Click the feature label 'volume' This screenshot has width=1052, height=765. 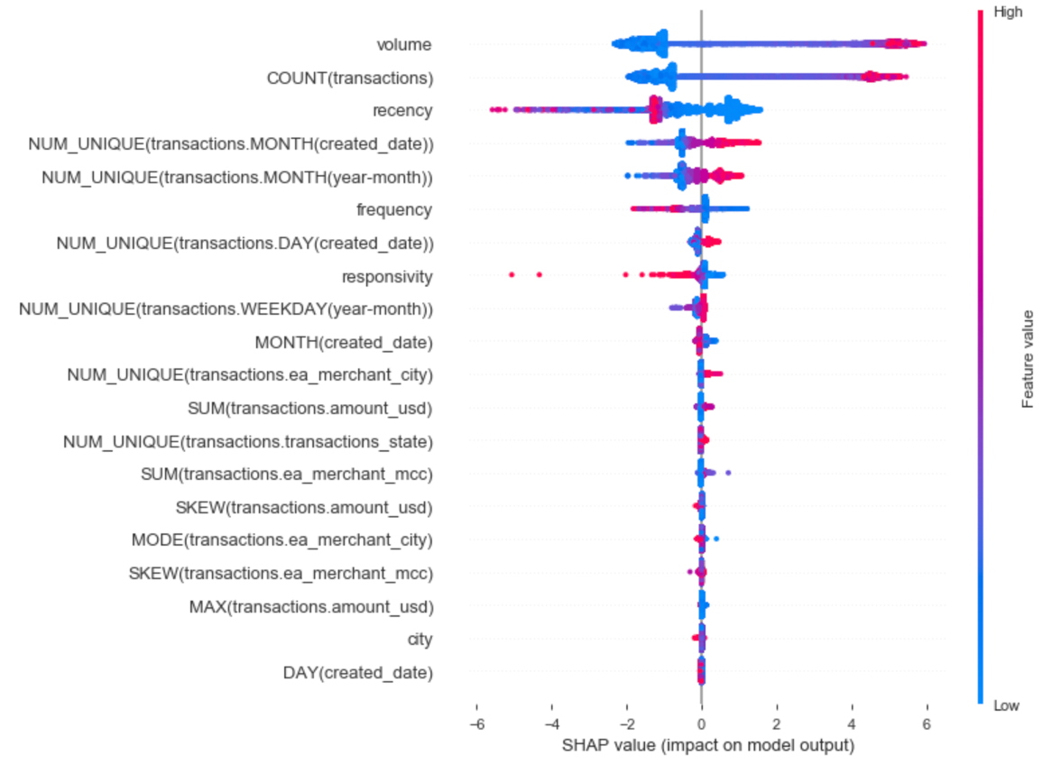[404, 44]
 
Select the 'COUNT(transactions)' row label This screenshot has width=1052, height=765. [349, 78]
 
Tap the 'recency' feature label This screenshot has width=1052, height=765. [401, 111]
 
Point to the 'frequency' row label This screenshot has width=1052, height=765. [394, 210]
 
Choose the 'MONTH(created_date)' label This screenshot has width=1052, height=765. [344, 342]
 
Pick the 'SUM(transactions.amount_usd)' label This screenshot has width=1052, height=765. [309, 409]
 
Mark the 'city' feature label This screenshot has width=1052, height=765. [420, 640]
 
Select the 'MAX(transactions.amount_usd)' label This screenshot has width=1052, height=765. [310, 606]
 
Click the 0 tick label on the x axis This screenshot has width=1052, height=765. [701, 724]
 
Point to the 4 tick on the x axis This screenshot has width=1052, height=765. [852, 724]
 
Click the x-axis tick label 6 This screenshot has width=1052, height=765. [927, 724]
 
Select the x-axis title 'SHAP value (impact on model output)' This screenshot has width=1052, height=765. [707, 746]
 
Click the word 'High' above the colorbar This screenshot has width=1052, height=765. [1008, 13]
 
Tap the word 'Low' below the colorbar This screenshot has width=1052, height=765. [1006, 706]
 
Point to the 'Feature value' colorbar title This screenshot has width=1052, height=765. [1028, 358]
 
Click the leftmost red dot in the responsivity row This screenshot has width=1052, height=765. [512, 273]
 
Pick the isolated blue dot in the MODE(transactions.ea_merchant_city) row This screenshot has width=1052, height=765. [715, 539]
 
